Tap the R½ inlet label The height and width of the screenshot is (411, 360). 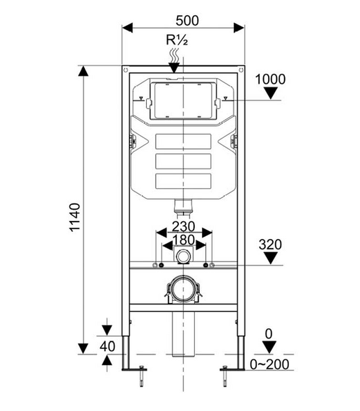click(175, 40)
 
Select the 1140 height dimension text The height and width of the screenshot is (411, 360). click(76, 217)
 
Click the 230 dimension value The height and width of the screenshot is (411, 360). click(183, 228)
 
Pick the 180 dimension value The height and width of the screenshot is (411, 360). click(183, 241)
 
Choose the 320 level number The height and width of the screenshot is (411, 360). click(271, 245)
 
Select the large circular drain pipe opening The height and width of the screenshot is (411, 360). click(183, 290)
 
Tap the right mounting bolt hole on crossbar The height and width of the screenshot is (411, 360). click(207, 266)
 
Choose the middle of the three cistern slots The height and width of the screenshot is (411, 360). click(183, 162)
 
